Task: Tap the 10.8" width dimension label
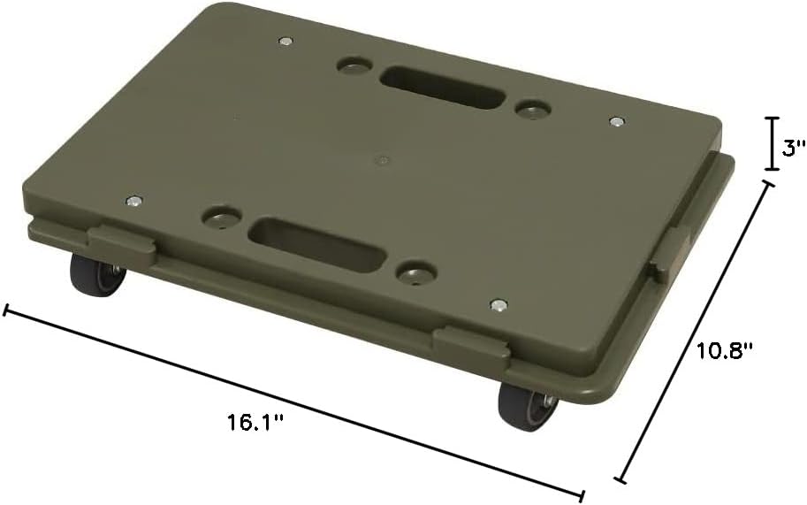pyautogui.click(x=724, y=350)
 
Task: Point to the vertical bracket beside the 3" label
pyautogui.click(x=772, y=143)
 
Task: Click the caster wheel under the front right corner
pyautogui.click(x=528, y=406)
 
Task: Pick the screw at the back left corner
pyautogui.click(x=285, y=41)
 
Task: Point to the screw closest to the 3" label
pyautogui.click(x=616, y=120)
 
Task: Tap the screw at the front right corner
pyautogui.click(x=499, y=305)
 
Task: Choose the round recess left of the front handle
pyautogui.click(x=222, y=216)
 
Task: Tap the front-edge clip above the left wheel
pyautogui.click(x=122, y=246)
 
